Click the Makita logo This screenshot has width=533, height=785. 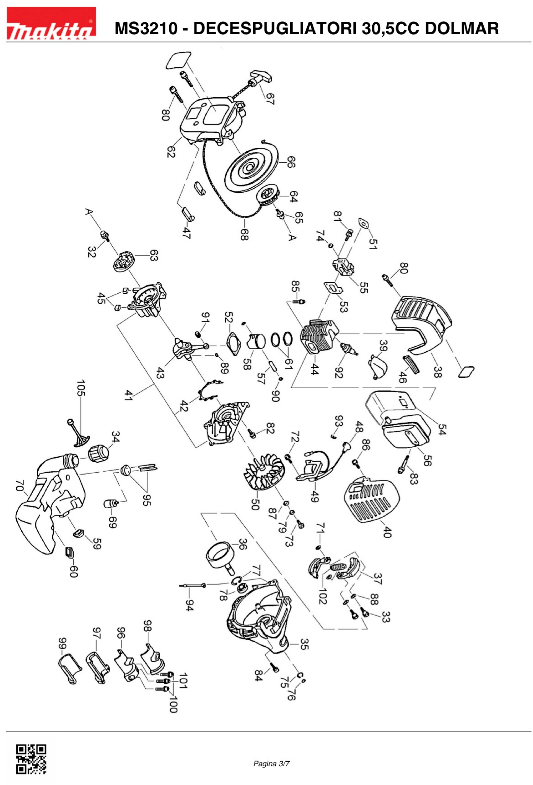[51, 24]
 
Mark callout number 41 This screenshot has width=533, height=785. [128, 395]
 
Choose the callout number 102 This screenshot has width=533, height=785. [323, 596]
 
